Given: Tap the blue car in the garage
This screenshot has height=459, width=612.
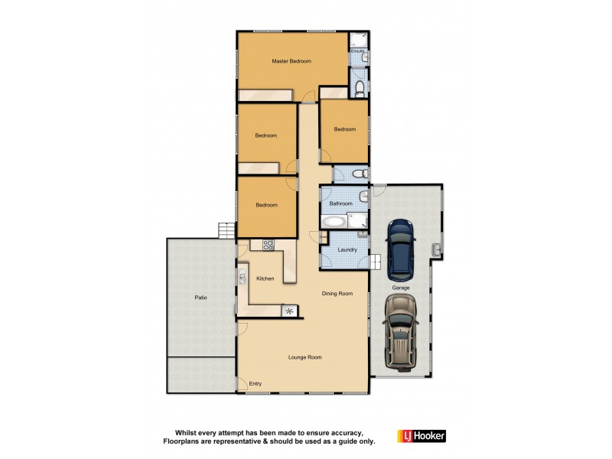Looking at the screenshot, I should tap(400, 249).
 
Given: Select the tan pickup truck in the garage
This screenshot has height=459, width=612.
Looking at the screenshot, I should tap(400, 331).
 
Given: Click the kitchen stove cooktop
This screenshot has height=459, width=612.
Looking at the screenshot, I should tap(269, 246).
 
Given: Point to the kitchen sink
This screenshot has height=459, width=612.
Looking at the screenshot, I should tap(243, 274).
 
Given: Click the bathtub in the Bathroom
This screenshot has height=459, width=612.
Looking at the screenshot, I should tap(334, 223).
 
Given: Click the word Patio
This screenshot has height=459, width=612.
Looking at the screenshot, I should tap(200, 297).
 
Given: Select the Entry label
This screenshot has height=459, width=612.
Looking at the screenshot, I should tap(256, 383).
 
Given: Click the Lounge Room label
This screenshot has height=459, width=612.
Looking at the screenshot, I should tap(304, 357).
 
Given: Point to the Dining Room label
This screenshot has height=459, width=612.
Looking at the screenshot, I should tap(337, 293).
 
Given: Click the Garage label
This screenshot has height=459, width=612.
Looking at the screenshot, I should tap(401, 288).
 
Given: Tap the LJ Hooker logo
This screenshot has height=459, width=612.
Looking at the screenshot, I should tap(420, 436).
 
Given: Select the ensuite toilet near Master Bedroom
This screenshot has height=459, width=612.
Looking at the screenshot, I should tap(360, 90).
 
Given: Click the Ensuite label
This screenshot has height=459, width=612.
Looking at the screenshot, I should tap(356, 51).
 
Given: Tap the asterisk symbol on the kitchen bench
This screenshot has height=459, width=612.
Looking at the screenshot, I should tap(289, 311).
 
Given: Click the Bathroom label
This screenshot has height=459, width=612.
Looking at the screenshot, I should tap(340, 203).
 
